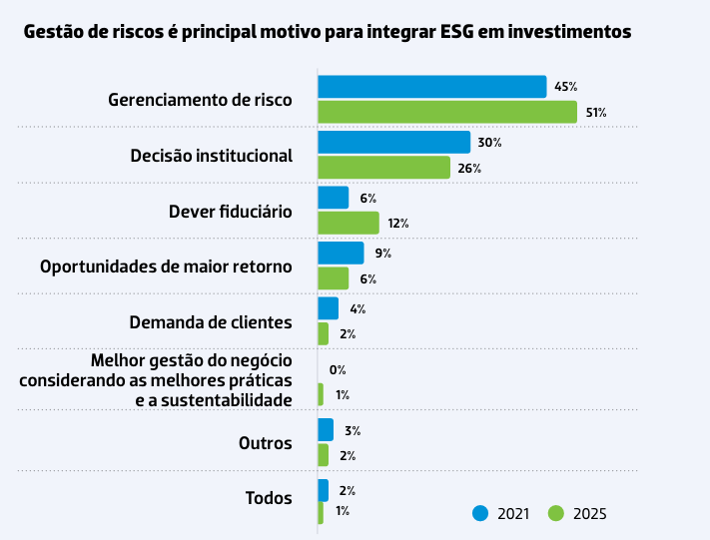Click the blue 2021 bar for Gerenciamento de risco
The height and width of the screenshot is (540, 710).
[431, 87]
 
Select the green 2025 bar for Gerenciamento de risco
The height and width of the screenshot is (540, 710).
[446, 112]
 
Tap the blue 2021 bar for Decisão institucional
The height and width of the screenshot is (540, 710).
[393, 143]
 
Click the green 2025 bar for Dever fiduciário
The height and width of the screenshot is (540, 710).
[348, 223]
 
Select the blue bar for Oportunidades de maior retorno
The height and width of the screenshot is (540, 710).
[341, 254]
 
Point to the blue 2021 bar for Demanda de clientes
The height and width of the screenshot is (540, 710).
[328, 308]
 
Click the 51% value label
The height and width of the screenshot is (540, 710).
[596, 113]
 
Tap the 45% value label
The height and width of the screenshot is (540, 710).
[565, 88]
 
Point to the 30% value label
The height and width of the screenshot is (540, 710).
[489, 143]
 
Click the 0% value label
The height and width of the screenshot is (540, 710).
[338, 370]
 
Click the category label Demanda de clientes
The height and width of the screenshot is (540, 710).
[211, 322]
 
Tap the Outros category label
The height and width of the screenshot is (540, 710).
[265, 443]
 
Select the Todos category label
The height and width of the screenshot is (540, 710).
[268, 498]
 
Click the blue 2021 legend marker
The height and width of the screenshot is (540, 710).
[480, 513]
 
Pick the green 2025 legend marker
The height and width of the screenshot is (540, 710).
[556, 513]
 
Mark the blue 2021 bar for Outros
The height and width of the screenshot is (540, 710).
[326, 430]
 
